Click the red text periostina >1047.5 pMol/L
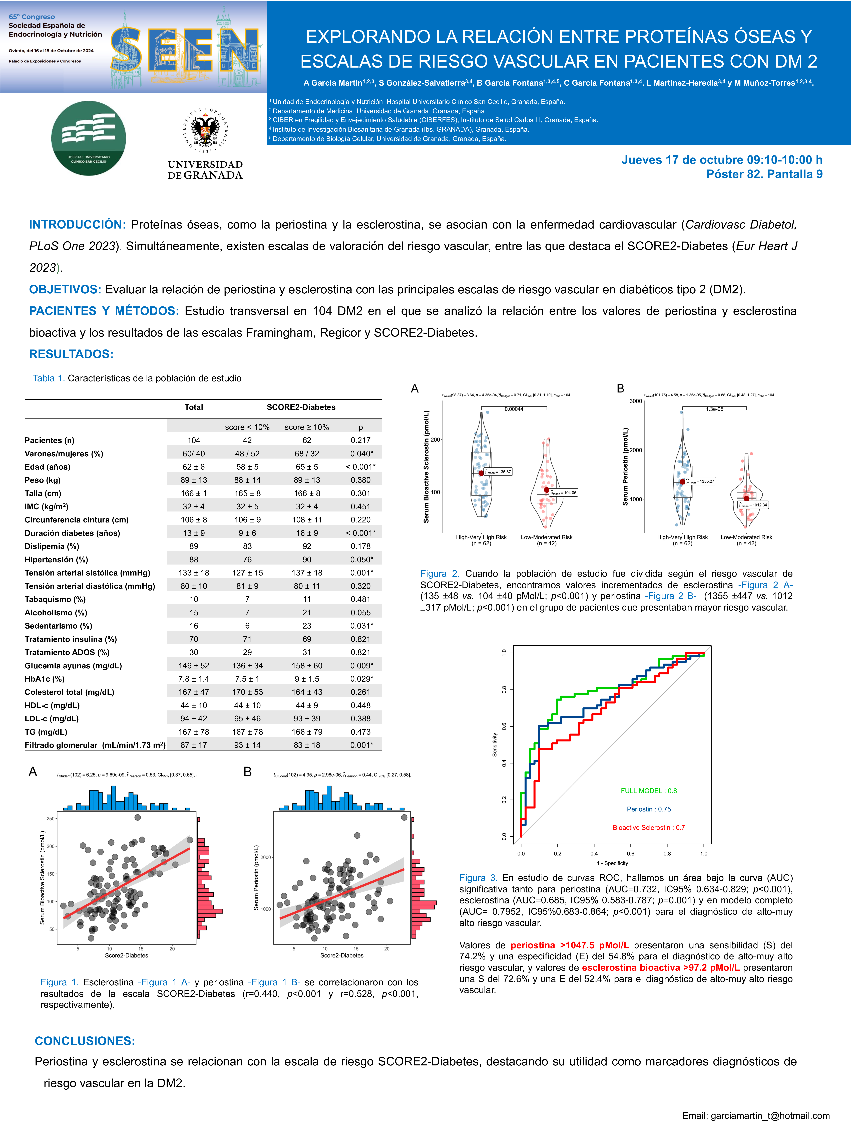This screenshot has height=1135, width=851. [569, 945]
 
